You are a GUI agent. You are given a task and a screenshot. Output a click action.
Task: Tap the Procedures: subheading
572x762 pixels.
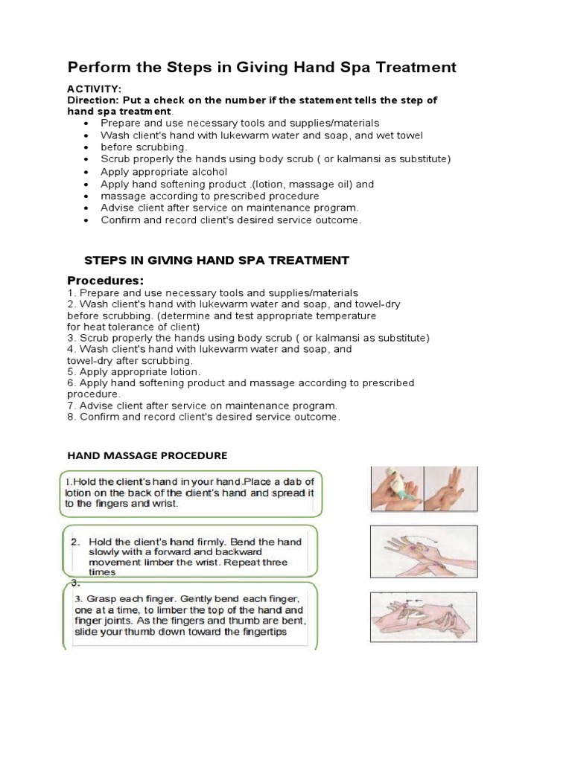105,281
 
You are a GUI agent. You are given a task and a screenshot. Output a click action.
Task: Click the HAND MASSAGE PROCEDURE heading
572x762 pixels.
147,455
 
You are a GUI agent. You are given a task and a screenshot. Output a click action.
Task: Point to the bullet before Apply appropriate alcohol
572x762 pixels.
88,171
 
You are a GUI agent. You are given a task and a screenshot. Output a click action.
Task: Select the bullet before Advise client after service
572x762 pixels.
88,208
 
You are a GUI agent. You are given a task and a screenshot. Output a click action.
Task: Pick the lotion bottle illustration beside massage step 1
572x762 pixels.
396,490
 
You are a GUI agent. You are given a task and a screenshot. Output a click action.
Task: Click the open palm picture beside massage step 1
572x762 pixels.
451,490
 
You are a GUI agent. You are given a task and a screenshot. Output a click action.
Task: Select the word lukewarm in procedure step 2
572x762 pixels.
187,304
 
